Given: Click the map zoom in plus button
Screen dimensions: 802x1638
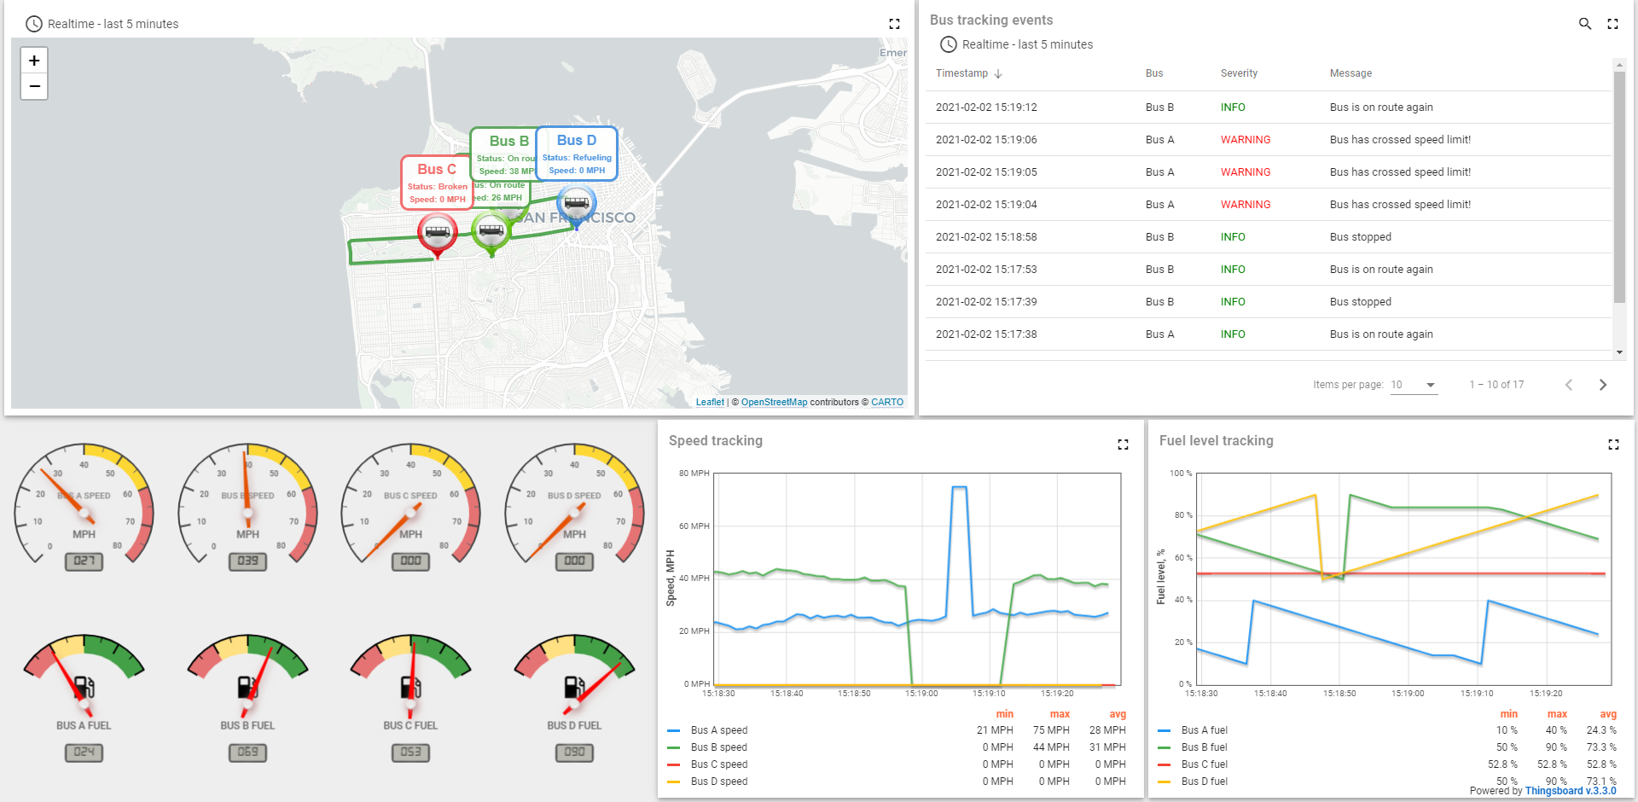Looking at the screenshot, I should tap(34, 61).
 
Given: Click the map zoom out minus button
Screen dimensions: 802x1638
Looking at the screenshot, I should tap(34, 86).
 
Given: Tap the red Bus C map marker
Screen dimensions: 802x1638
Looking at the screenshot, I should tap(438, 232).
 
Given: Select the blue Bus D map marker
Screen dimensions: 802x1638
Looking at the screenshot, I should tap(577, 204).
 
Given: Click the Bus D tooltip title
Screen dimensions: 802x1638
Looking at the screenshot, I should tap(577, 141).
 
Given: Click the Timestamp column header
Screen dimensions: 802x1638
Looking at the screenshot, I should tap(961, 73).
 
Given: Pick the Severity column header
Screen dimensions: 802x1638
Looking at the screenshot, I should tap(1239, 73).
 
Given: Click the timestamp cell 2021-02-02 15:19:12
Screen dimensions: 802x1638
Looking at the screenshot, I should tap(986, 108).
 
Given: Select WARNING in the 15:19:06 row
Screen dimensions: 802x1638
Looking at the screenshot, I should tap(1246, 140).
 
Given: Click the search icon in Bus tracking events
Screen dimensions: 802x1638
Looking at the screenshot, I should tap(1584, 24).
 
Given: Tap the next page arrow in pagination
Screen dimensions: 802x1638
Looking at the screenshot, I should tap(1602, 385).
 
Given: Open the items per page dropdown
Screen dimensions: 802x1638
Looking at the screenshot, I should tap(1414, 385).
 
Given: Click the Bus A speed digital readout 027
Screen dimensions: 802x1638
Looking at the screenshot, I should tap(84, 561).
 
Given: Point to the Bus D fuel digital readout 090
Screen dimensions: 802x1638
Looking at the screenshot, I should tap(574, 753).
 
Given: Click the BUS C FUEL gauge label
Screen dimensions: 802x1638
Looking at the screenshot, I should tap(410, 726).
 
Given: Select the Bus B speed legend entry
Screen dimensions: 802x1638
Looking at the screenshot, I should tap(718, 747).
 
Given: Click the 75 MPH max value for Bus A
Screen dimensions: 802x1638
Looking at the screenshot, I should tap(1051, 730).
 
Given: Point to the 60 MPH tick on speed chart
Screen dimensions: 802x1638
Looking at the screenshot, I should tap(694, 526).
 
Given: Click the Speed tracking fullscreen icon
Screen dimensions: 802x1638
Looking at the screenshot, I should tap(1123, 444).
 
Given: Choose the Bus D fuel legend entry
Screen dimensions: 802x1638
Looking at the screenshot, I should tap(1204, 782).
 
